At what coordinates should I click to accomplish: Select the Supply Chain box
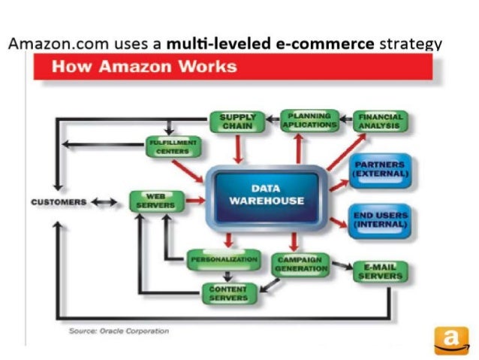pos(236,123)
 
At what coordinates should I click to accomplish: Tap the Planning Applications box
pos(309,121)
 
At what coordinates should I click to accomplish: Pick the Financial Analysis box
pos(379,122)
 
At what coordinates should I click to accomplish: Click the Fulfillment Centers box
pos(172,146)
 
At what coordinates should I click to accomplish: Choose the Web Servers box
pos(156,201)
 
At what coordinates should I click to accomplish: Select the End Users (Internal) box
pos(379,220)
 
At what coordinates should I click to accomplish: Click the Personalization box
pos(215,260)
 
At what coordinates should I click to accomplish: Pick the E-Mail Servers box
pos(379,271)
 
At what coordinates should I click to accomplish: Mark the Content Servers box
pos(228,293)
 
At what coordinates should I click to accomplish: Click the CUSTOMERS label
pos(59,202)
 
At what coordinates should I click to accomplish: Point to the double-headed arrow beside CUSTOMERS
pos(104,202)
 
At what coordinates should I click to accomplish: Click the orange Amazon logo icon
pos(450,340)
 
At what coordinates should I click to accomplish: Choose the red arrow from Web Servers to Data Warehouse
pos(194,201)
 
